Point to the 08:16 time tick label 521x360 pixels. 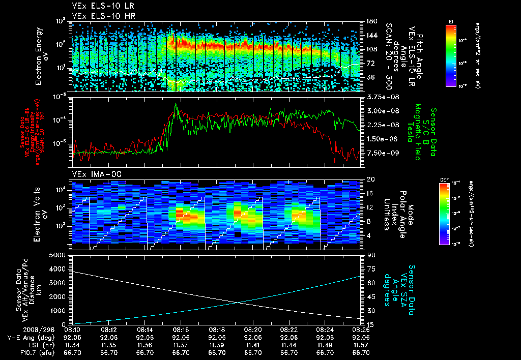[x=181, y=329]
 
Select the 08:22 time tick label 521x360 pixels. [x=289, y=329]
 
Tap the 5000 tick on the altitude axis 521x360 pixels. [x=60, y=255]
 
